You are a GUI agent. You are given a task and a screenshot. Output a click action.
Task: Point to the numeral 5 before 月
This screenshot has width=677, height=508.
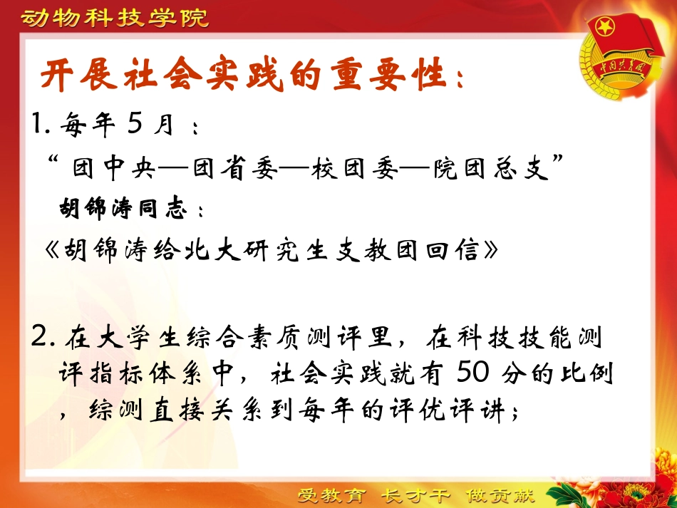click(135, 125)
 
